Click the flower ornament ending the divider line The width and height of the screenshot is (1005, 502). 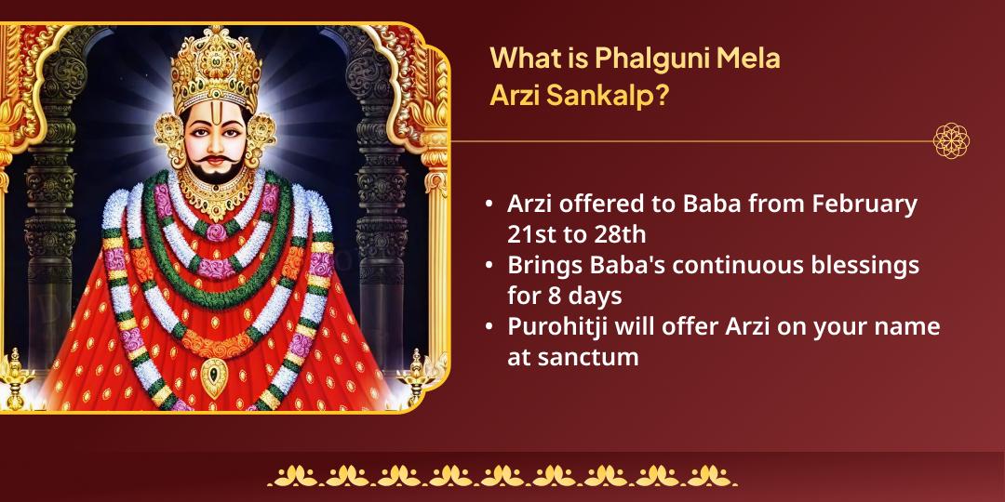951,141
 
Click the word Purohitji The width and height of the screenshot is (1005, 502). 563,327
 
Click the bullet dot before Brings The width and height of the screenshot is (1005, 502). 489,266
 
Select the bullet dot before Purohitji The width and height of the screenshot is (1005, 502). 489,328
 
